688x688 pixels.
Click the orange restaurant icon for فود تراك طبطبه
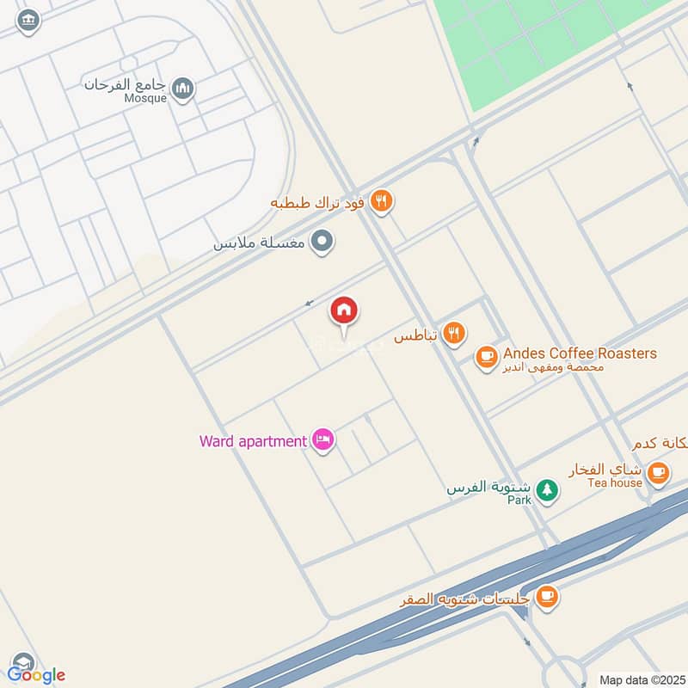tap(382, 202)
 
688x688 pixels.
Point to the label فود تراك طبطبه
tap(318, 204)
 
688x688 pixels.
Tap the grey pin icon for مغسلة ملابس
tap(322, 242)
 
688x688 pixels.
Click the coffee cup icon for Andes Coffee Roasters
tap(486, 355)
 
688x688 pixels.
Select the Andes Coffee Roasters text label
tap(580, 353)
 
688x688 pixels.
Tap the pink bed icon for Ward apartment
tap(323, 440)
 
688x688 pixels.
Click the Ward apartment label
tap(253, 441)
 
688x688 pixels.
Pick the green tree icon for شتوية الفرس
tap(546, 490)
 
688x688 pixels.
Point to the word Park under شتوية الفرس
tap(519, 499)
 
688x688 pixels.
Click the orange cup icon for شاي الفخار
tap(658, 471)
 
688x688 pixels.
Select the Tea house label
tap(615, 482)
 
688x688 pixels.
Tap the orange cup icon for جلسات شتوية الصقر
tap(545, 595)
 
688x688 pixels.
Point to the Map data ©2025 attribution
tap(641, 679)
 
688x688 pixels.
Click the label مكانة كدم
tap(660, 444)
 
